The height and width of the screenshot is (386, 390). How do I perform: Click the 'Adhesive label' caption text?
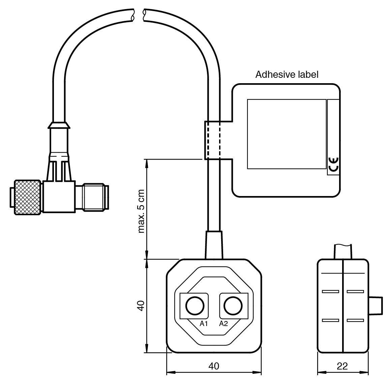[x=287, y=74]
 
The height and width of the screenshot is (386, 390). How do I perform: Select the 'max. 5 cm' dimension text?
[x=142, y=212]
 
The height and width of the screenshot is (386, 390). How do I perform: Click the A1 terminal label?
[x=204, y=324]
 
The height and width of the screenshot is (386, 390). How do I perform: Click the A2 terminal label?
[x=223, y=324]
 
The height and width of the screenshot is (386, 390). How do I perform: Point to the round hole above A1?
[x=194, y=305]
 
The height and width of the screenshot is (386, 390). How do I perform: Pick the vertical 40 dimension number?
[x=141, y=305]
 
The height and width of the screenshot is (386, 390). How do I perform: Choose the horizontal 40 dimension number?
[x=214, y=366]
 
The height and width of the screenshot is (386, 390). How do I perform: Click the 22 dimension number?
[x=342, y=366]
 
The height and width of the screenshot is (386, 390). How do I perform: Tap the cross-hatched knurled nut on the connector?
[x=28, y=197]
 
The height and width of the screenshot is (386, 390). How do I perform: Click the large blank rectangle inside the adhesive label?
[x=287, y=134]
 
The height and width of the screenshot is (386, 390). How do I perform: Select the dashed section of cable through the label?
[x=213, y=140]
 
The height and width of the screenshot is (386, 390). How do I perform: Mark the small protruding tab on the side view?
[x=375, y=305]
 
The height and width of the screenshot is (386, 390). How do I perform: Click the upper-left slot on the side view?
[x=330, y=291]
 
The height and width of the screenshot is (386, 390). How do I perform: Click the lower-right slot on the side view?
[x=355, y=320]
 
